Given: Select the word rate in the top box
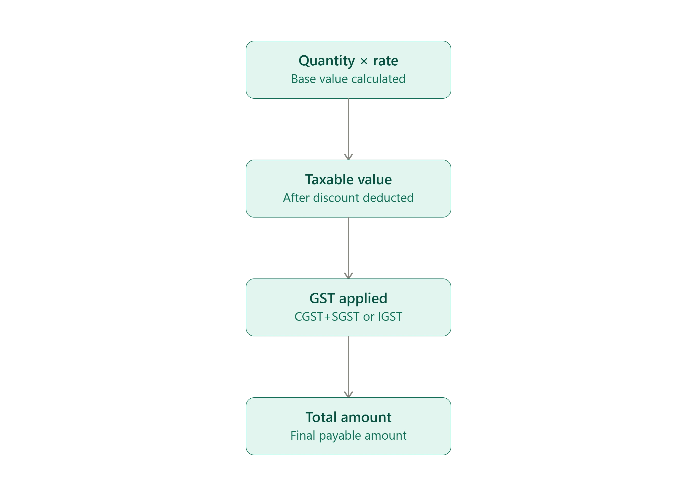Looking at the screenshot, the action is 385,61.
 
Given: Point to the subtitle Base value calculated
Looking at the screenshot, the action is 348,79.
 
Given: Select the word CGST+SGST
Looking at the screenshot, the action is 327,317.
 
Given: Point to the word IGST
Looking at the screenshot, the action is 390,317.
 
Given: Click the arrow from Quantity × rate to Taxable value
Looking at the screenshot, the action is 348,129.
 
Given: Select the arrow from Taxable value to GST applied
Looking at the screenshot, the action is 348,248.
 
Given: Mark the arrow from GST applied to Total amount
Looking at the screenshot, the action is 348,367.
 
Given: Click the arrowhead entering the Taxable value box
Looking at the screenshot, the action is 348,157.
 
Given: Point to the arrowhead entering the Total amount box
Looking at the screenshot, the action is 348,395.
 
